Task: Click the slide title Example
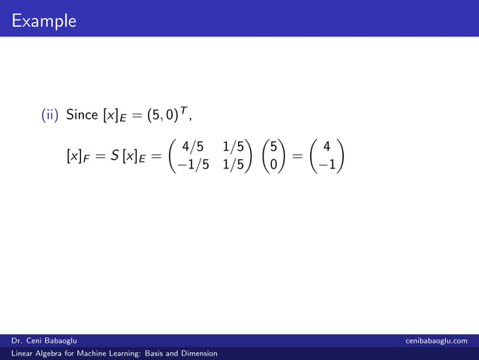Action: tap(44, 21)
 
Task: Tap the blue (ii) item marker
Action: tap(50, 115)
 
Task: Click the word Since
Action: tap(82, 115)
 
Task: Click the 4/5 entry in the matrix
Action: tap(193, 150)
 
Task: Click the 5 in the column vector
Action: tap(275, 150)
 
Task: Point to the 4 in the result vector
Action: tap(327, 150)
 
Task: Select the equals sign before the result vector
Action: tap(298, 158)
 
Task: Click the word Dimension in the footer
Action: tap(197, 353)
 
